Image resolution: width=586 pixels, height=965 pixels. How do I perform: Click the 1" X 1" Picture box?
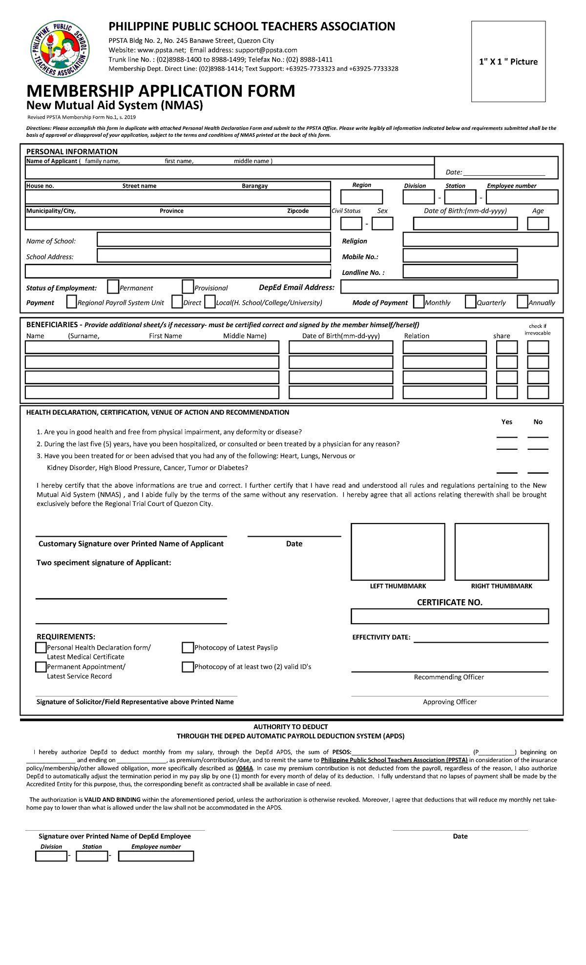pos(508,62)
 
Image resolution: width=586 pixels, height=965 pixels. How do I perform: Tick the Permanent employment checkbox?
pos(113,287)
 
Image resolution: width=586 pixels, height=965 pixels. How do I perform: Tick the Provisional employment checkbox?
pos(188,287)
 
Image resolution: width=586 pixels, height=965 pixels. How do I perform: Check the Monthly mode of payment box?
pos(419,302)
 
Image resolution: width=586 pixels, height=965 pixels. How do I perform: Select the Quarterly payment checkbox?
pos(470,302)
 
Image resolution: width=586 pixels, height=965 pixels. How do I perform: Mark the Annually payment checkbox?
pos(522,302)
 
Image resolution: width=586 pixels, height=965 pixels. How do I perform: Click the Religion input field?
pos(480,239)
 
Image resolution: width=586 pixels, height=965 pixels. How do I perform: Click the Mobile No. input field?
pos(460,255)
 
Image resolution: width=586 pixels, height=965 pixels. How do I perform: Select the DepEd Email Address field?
pos(449,287)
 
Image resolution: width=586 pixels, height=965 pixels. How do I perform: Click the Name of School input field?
pos(214,239)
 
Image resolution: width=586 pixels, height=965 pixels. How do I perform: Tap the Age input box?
pos(538,224)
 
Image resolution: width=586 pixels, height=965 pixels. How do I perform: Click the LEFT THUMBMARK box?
pos(398,552)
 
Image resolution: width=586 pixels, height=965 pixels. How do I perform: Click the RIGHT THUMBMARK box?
pos(502,552)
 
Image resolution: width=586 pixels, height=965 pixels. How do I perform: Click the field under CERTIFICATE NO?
pos(449,616)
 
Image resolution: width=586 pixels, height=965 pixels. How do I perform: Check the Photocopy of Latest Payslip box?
pos(188,648)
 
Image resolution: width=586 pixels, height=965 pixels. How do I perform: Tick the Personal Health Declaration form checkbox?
pos(41,648)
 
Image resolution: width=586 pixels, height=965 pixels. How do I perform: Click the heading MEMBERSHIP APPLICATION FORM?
pos(161,91)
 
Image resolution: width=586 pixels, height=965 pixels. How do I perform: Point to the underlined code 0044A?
pos(244,768)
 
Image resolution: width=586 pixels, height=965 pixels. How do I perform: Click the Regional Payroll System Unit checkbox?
pos(71,302)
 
